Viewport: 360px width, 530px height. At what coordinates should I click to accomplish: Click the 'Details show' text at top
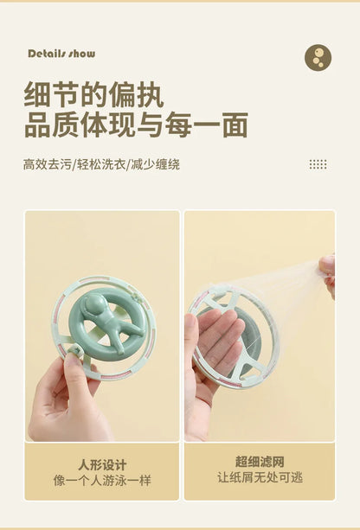[61, 54]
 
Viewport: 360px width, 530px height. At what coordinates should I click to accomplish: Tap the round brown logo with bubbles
[318, 57]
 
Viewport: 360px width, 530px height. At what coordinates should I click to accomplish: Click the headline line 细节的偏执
[93, 96]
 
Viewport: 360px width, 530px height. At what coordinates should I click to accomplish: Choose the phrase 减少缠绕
[157, 164]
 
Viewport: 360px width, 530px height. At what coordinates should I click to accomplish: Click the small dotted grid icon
[318, 164]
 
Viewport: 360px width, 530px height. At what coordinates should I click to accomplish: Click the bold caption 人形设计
[102, 463]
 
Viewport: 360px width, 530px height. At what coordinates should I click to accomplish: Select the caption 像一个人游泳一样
[102, 480]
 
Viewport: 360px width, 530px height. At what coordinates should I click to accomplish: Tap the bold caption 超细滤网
[259, 463]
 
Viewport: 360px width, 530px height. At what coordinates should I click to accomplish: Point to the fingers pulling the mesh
[328, 270]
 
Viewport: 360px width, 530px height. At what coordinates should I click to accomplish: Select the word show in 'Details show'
[82, 54]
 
